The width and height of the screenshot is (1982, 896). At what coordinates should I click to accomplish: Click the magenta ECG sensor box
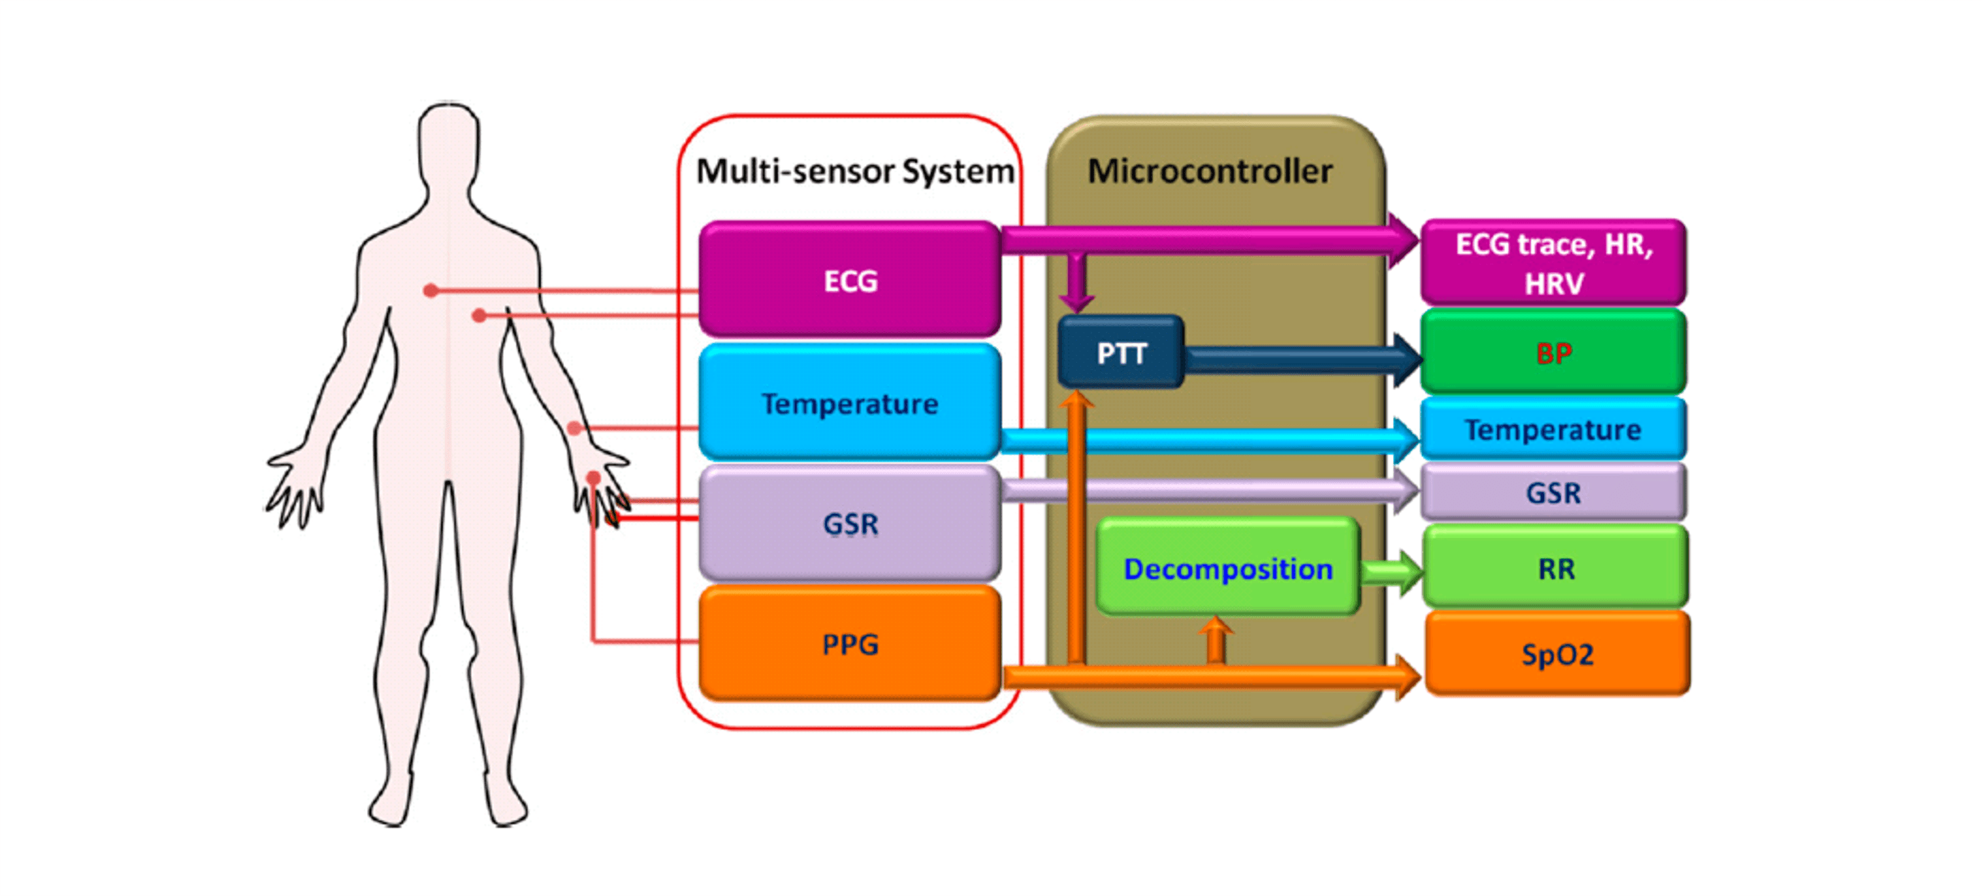[849, 279]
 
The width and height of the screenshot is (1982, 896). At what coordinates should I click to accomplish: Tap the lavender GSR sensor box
[849, 523]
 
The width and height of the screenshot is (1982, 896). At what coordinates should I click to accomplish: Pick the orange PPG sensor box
[849, 643]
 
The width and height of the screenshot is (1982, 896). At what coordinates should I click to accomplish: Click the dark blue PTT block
[1120, 353]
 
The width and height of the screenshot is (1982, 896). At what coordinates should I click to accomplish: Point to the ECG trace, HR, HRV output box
[1553, 262]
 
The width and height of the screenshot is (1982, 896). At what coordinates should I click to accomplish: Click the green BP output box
[1553, 353]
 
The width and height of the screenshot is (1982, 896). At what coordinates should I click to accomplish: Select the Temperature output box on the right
[1553, 429]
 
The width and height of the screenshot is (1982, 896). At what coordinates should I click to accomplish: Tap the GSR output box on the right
[1553, 492]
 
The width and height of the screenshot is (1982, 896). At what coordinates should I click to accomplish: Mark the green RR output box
[1555, 568]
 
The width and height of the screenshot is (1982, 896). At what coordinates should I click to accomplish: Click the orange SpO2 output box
[1557, 654]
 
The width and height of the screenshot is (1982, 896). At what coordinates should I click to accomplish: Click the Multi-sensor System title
[854, 171]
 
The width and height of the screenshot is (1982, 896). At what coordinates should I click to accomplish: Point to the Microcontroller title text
[1209, 171]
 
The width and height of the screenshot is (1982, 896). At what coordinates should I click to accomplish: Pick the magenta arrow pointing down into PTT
[1076, 281]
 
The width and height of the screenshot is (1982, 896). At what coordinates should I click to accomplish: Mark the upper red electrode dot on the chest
[431, 290]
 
